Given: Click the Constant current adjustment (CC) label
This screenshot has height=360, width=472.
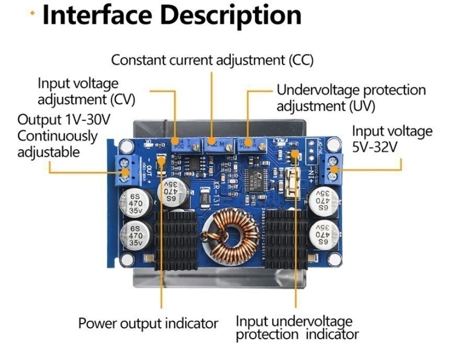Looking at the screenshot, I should (212, 60).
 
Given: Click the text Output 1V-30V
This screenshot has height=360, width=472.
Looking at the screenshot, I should (64, 119).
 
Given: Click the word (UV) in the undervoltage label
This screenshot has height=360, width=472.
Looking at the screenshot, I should (362, 106).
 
